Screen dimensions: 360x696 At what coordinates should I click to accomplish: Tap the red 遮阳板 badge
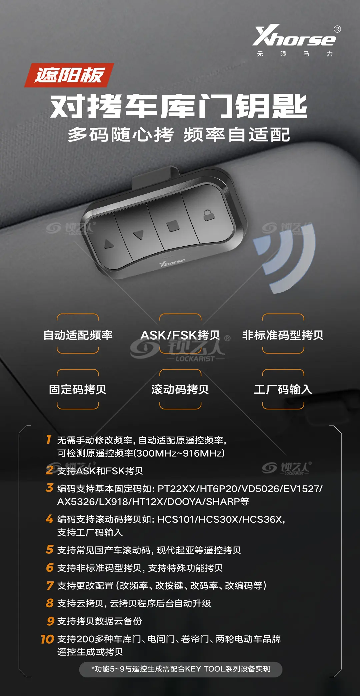[x=69, y=75]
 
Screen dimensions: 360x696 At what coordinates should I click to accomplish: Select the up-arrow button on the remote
[x=109, y=244]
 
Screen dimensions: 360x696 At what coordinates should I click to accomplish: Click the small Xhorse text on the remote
[x=172, y=263]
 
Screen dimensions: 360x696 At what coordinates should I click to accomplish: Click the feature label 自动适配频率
[x=78, y=335]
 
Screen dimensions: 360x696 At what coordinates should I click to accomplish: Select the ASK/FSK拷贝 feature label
[x=180, y=335]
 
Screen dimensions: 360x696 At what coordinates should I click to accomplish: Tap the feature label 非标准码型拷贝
[x=283, y=335]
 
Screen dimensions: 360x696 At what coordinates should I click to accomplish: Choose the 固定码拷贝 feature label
[x=78, y=389]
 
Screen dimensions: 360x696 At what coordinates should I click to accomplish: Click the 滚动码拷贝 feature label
[x=180, y=389]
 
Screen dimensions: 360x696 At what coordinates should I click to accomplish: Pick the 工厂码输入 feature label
[x=283, y=389]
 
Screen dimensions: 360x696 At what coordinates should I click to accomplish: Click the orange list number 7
[x=50, y=585]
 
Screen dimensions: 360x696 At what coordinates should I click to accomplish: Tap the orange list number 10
[x=47, y=639]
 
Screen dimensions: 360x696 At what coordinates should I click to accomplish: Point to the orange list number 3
[x=50, y=488]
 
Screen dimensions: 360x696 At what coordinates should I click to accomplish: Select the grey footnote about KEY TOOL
[x=181, y=669]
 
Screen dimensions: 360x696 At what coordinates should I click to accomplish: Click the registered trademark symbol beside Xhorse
[x=337, y=29]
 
